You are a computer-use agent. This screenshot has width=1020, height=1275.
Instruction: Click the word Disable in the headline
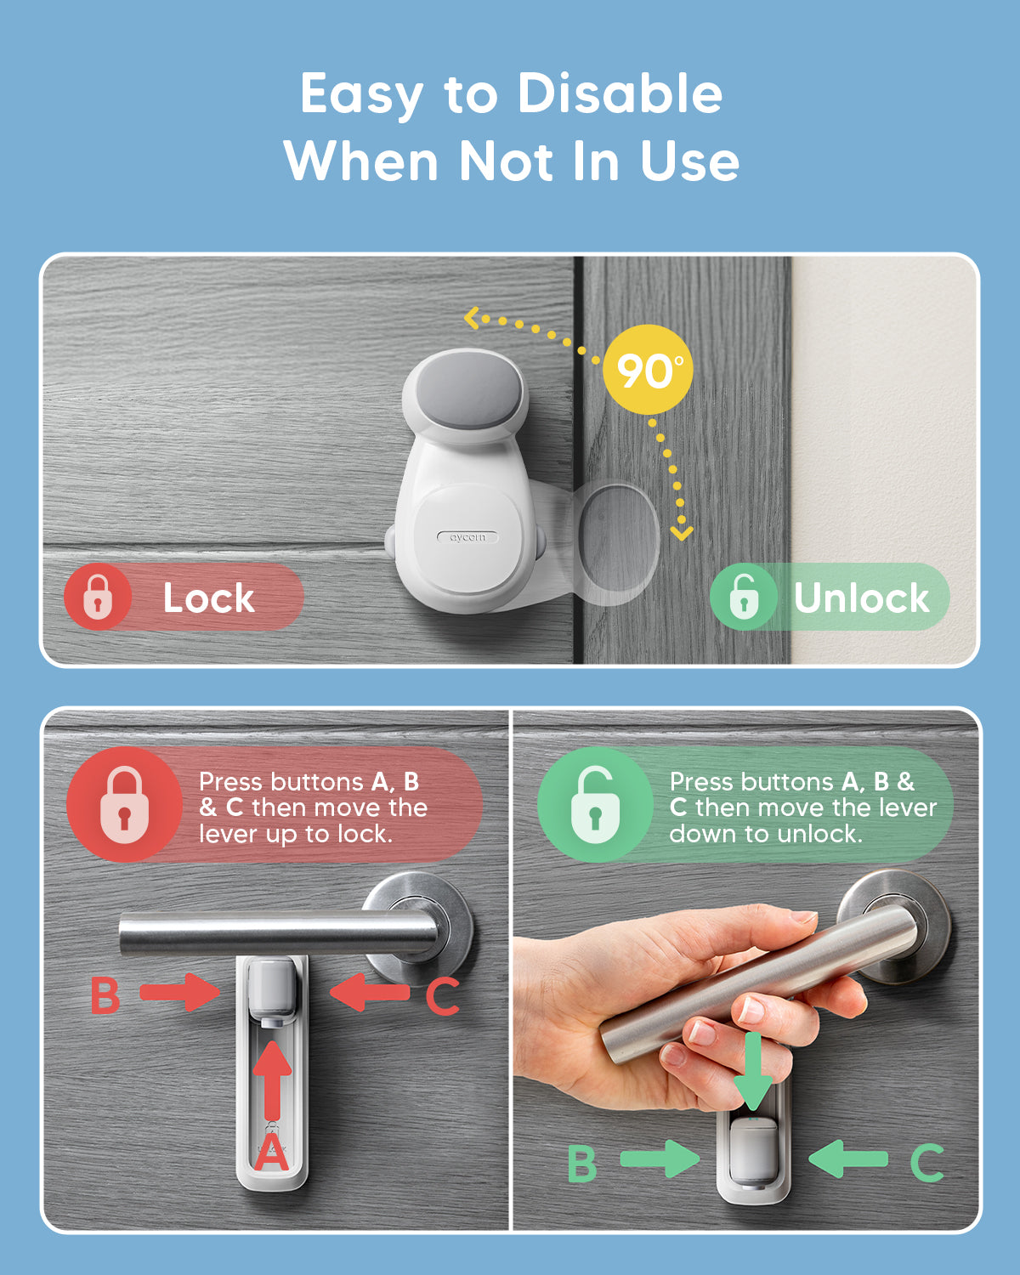pos(620,93)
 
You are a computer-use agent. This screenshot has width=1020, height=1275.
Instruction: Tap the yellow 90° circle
pos(648,369)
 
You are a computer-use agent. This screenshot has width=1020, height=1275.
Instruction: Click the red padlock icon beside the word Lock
pos(98,597)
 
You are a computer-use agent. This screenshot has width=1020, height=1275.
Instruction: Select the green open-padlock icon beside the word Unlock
pos(744,596)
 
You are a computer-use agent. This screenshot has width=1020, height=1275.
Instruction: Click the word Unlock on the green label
pos(862,598)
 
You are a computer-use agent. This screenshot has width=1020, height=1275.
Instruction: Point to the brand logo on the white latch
pos(467,537)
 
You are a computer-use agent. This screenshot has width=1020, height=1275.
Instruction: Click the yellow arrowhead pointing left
pos(472,318)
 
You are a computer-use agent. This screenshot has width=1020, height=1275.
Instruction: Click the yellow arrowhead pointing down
pos(682,533)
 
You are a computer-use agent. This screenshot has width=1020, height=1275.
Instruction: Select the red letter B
pos(105,995)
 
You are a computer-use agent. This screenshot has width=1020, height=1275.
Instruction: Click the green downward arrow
pos(753,1071)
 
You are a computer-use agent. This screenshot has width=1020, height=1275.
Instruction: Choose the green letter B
pos(582,1164)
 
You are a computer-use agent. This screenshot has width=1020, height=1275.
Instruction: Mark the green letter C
pos(927,1164)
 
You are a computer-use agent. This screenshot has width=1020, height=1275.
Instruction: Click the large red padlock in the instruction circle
pos(124,804)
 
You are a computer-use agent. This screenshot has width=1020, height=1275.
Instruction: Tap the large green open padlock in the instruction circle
pos(595,804)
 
